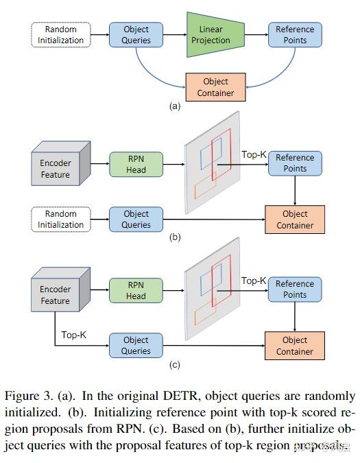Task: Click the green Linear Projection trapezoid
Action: [211, 34]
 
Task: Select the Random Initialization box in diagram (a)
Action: [61, 35]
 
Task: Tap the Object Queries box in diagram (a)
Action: [136, 35]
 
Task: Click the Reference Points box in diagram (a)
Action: [295, 35]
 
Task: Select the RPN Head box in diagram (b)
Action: [136, 165]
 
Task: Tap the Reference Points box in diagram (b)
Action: [295, 163]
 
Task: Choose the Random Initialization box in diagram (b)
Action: [61, 219]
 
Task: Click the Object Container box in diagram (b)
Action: [295, 219]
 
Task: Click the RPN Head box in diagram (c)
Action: [136, 291]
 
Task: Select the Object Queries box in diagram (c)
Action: [136, 345]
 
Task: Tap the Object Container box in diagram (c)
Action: [295, 345]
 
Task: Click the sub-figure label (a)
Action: [174, 107]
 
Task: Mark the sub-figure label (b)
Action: [174, 237]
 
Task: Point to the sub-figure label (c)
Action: [174, 364]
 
